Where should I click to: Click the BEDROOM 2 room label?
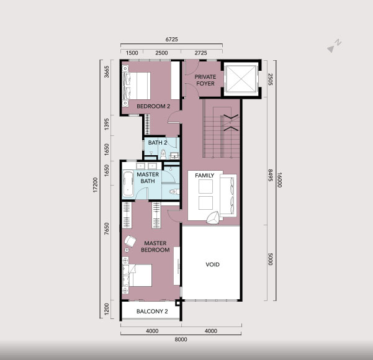153,106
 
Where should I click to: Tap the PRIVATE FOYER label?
205,80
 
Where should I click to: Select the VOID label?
212,264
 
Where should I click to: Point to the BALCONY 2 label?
152,311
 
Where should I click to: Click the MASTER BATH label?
148,178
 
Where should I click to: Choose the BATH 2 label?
158,143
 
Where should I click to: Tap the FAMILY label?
205,176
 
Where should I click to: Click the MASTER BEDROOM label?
155,246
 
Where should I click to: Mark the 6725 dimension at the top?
171,39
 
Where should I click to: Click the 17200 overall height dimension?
96,185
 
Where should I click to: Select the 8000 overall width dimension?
181,340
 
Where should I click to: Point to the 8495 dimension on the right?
270,176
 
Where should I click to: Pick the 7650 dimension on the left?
107,228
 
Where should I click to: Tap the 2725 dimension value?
200,53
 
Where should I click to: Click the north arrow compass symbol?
335,46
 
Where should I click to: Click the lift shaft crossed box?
241,79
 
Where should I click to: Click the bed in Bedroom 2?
137,86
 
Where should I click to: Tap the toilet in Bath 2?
163,154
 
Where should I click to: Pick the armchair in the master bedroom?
130,241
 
